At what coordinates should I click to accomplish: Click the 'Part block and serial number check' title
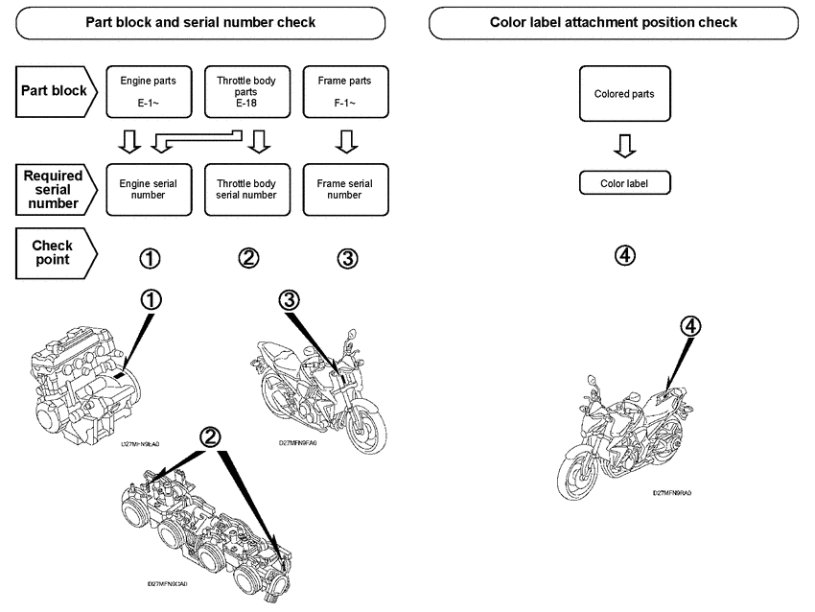point(200,22)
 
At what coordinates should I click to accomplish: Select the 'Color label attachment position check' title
point(613,22)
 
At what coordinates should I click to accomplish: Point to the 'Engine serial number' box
point(148,188)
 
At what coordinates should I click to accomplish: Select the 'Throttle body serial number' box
point(246,188)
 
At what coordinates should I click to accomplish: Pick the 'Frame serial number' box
point(344,188)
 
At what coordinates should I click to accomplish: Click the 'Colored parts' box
point(624,94)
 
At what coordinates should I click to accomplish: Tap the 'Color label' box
point(624,182)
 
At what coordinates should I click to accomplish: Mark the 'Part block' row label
point(54,92)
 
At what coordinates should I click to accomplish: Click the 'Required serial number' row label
point(54,189)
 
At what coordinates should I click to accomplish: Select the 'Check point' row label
point(54,253)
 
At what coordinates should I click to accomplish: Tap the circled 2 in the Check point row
point(247,258)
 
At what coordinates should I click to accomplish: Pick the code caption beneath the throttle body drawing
point(168,582)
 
